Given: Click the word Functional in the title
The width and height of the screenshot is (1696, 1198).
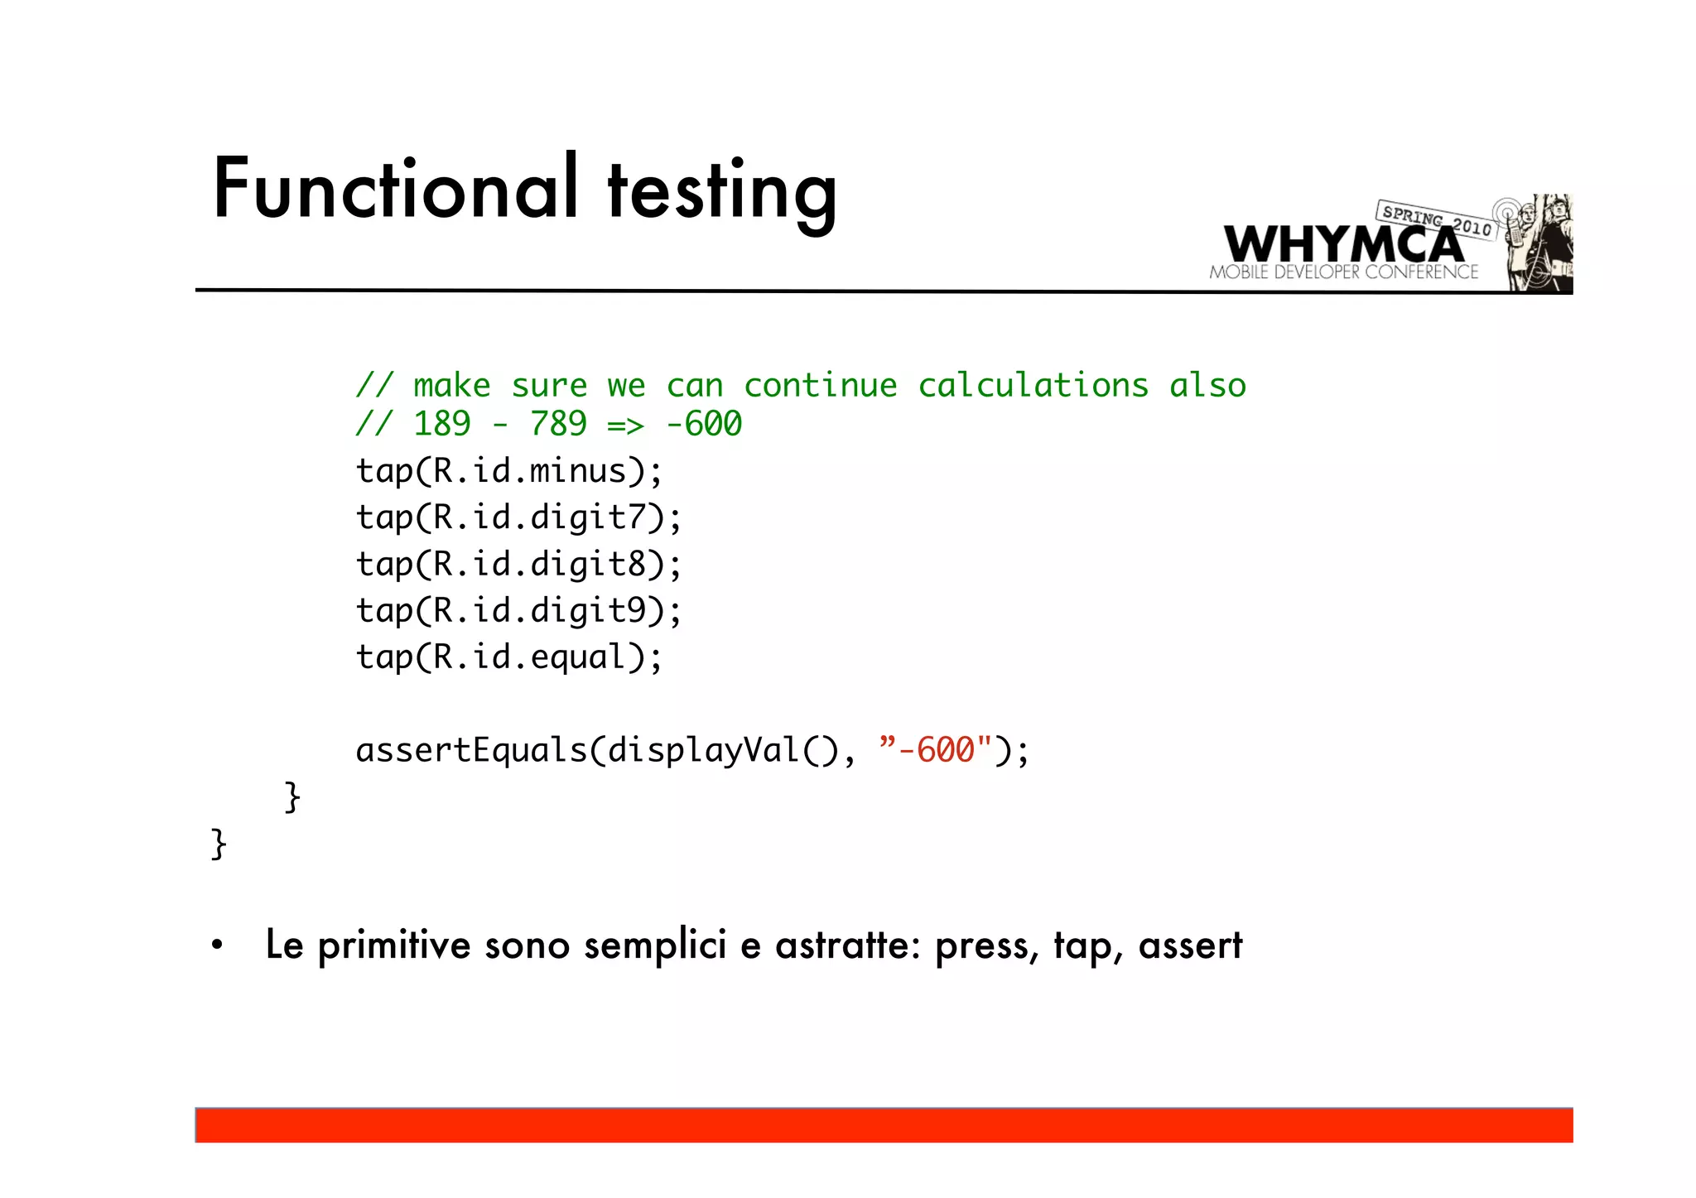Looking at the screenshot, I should pyautogui.click(x=394, y=189).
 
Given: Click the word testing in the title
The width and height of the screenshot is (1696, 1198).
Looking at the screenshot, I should pyautogui.click(x=721, y=192).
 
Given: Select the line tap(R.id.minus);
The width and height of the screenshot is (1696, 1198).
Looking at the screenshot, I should pyautogui.click(x=508, y=471).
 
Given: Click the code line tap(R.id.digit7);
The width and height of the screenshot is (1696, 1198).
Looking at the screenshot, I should pyautogui.click(x=518, y=517).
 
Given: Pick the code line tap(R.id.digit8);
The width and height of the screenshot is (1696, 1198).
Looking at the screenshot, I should pyautogui.click(x=518, y=565).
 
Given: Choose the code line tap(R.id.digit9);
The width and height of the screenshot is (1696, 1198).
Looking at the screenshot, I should pyautogui.click(x=518, y=611).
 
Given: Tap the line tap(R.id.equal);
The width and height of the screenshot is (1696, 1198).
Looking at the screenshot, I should pyautogui.click(x=508, y=657).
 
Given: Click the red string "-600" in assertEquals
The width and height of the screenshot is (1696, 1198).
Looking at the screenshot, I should pyautogui.click(x=935, y=750).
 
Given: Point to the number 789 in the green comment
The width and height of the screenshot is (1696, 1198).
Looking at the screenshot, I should pyautogui.click(x=558, y=424).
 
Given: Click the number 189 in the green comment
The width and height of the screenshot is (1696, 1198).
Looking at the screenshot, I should pyautogui.click(x=441, y=424).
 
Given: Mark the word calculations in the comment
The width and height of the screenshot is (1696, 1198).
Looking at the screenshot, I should pyautogui.click(x=1033, y=386).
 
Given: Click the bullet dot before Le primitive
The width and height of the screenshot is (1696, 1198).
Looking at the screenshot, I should pyautogui.click(x=217, y=945).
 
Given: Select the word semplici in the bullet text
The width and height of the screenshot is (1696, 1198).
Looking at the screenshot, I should pyautogui.click(x=655, y=945).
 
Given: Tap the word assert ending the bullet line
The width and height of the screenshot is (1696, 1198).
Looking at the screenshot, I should pyautogui.click(x=1190, y=945).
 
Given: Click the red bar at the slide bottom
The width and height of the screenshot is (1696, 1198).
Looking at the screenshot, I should pyautogui.click(x=884, y=1125).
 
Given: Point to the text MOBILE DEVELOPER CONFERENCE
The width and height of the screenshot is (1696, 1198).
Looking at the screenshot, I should pyautogui.click(x=1343, y=272).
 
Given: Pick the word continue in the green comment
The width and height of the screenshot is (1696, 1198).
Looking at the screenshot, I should pyautogui.click(x=820, y=386).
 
